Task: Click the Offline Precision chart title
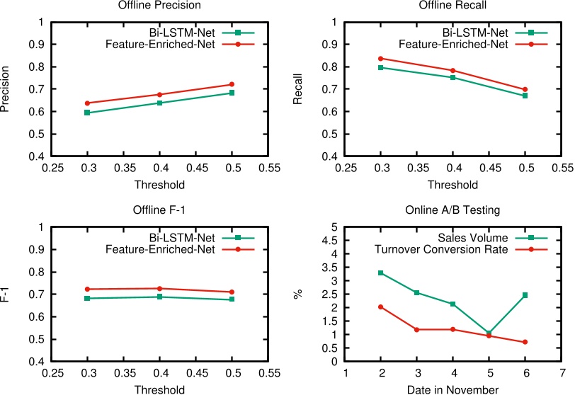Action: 161,6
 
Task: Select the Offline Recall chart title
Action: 453,6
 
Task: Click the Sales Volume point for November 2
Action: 381,273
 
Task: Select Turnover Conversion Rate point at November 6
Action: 525,342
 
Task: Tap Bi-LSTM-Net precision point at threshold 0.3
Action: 87,113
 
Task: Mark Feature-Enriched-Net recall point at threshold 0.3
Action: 381,58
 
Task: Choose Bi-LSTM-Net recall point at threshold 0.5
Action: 525,96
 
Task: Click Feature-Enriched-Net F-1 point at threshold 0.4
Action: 159,288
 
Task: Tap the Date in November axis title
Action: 453,389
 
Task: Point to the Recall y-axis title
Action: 298,89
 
